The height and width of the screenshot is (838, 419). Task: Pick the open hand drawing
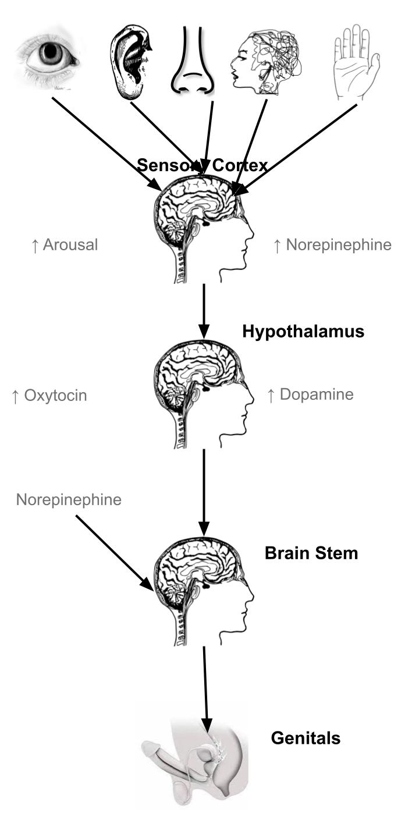tap(356, 61)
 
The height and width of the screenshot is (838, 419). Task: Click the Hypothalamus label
tap(303, 332)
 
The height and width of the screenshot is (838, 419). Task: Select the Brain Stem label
tap(311, 553)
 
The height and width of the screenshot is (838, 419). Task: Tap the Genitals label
tap(306, 738)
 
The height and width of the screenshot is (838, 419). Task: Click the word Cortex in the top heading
tap(240, 166)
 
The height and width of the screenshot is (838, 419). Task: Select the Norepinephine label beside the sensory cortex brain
tap(332, 245)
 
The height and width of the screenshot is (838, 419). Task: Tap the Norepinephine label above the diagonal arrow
tap(69, 499)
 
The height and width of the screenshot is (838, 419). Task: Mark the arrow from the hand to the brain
tap(297, 148)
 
